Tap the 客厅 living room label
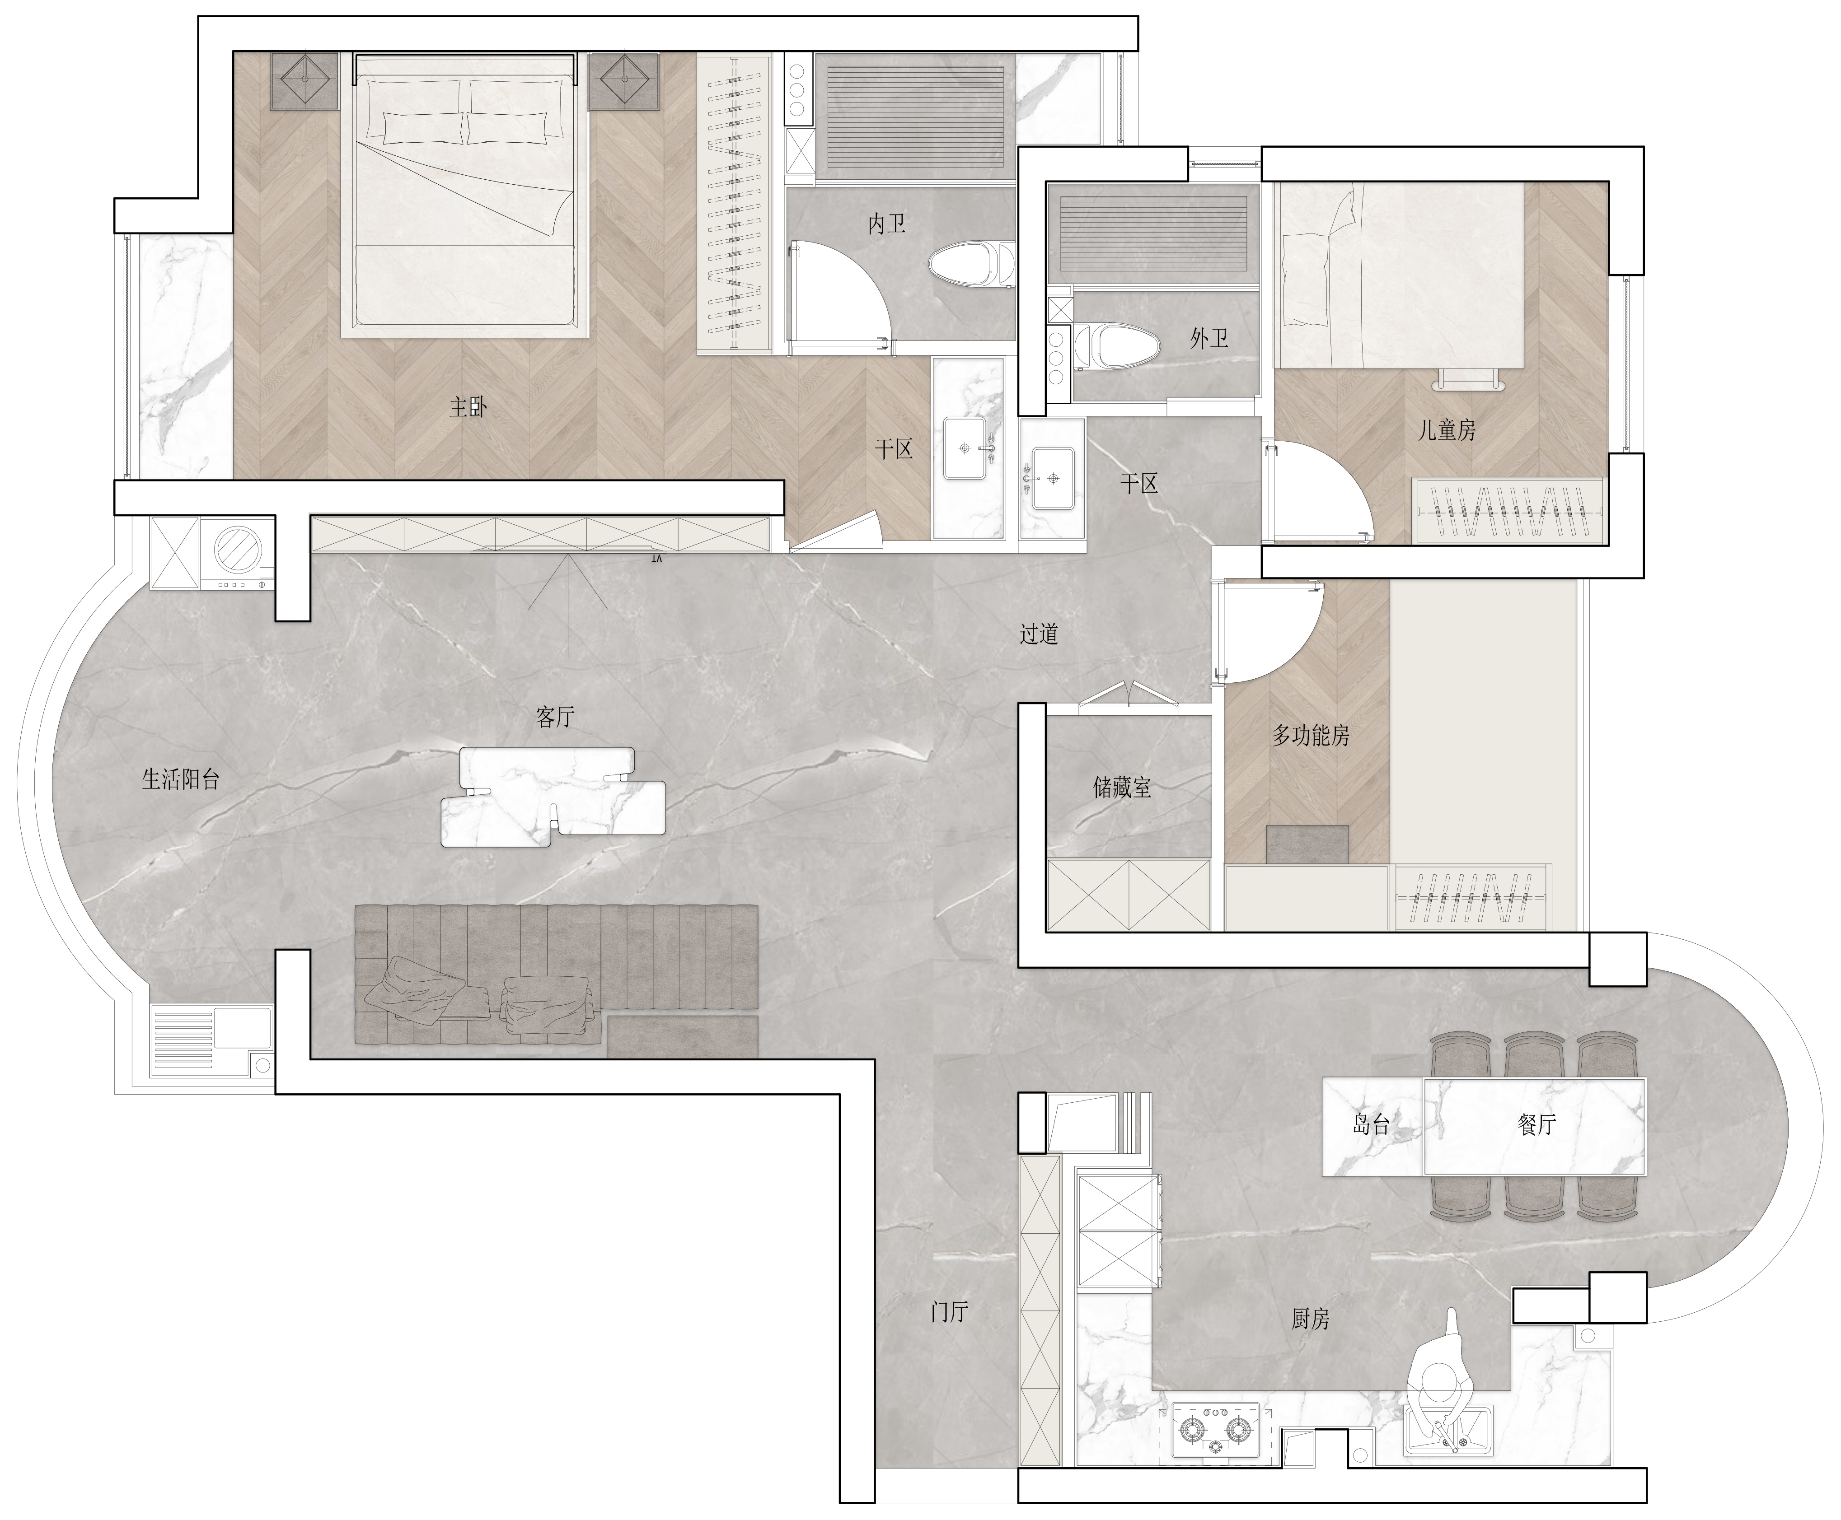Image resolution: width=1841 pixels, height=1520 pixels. pos(554,717)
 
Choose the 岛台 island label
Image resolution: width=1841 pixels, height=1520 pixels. pos(1371,1124)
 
